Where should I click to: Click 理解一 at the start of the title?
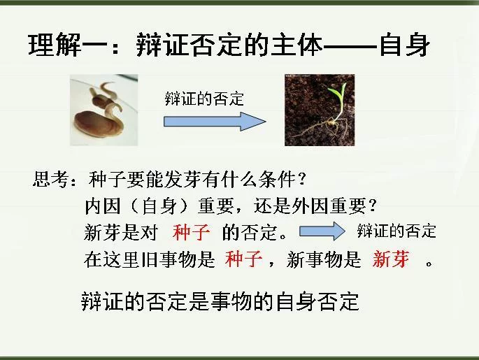68,45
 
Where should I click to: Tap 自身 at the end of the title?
405,45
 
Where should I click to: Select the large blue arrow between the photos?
215,122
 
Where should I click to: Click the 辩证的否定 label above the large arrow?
204,99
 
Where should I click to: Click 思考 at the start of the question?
50,179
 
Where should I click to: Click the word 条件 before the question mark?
277,179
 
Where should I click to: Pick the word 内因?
103,206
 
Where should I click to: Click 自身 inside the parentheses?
159,206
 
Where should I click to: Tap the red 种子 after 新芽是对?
191,232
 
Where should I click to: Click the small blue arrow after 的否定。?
322,231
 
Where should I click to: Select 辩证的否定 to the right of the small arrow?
396,231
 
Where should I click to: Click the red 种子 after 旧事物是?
244,259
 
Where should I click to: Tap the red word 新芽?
391,259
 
